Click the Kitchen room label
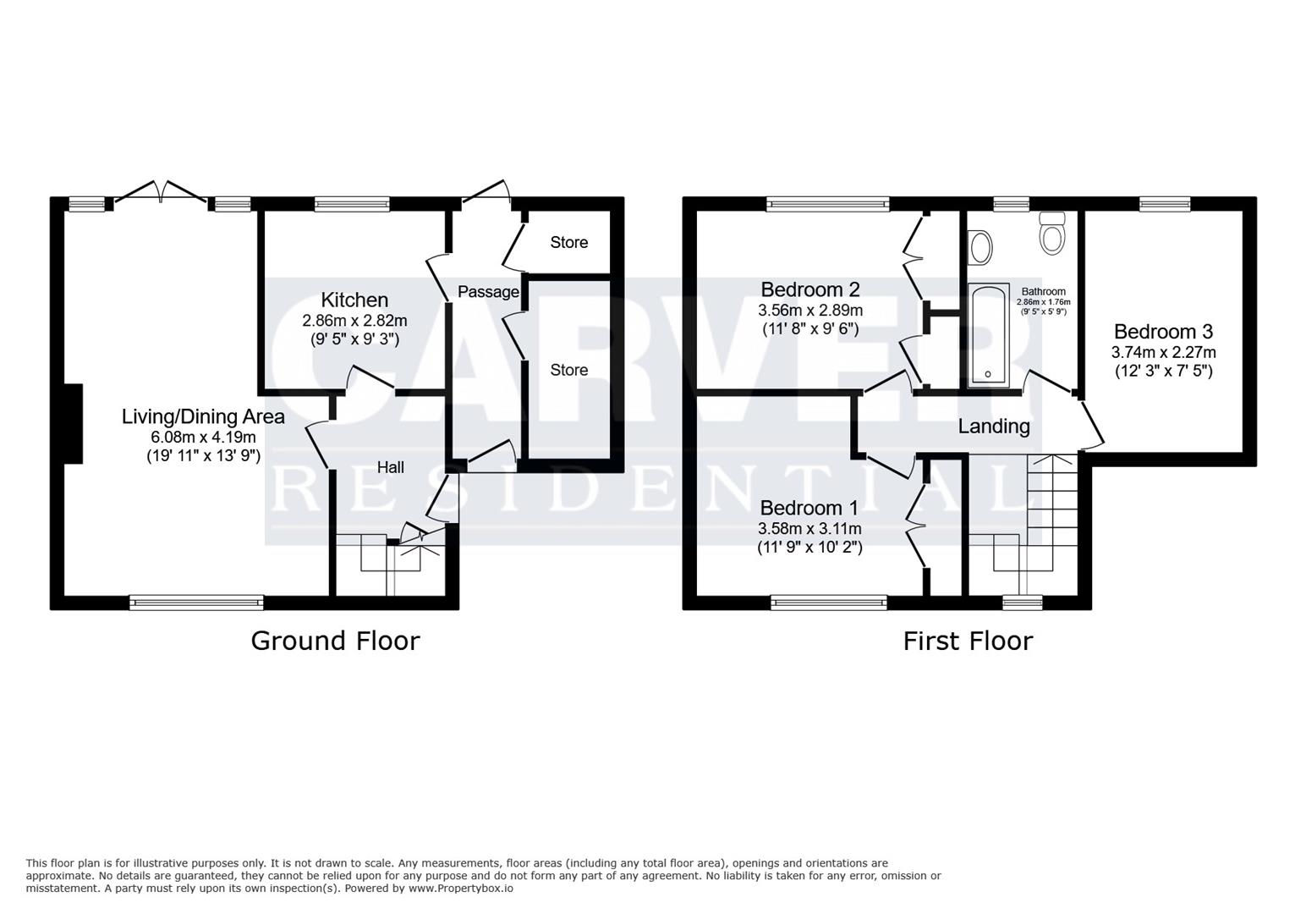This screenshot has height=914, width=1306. tap(354, 300)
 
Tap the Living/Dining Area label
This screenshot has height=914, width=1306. tap(203, 416)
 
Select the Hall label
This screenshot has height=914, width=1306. tap(390, 467)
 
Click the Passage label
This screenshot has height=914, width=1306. tap(488, 292)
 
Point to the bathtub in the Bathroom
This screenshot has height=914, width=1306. tap(988, 335)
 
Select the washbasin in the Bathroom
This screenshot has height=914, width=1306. tap(981, 248)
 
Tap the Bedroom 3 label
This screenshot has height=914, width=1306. tap(1163, 332)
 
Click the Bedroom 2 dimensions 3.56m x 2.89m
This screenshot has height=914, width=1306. tap(810, 311)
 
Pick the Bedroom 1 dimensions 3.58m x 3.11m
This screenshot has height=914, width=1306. tap(810, 529)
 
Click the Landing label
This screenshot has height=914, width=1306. tap(994, 427)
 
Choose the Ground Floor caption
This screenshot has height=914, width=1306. tap(335, 641)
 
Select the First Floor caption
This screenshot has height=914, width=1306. tap(968, 641)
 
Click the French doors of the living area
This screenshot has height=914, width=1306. tap(161, 193)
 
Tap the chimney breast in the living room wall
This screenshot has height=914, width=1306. tap(74, 423)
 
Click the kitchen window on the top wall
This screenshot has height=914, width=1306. tap(352, 203)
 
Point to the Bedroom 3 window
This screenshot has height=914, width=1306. tap(1164, 203)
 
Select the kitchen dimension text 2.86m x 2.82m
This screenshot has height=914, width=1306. tap(354, 321)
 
